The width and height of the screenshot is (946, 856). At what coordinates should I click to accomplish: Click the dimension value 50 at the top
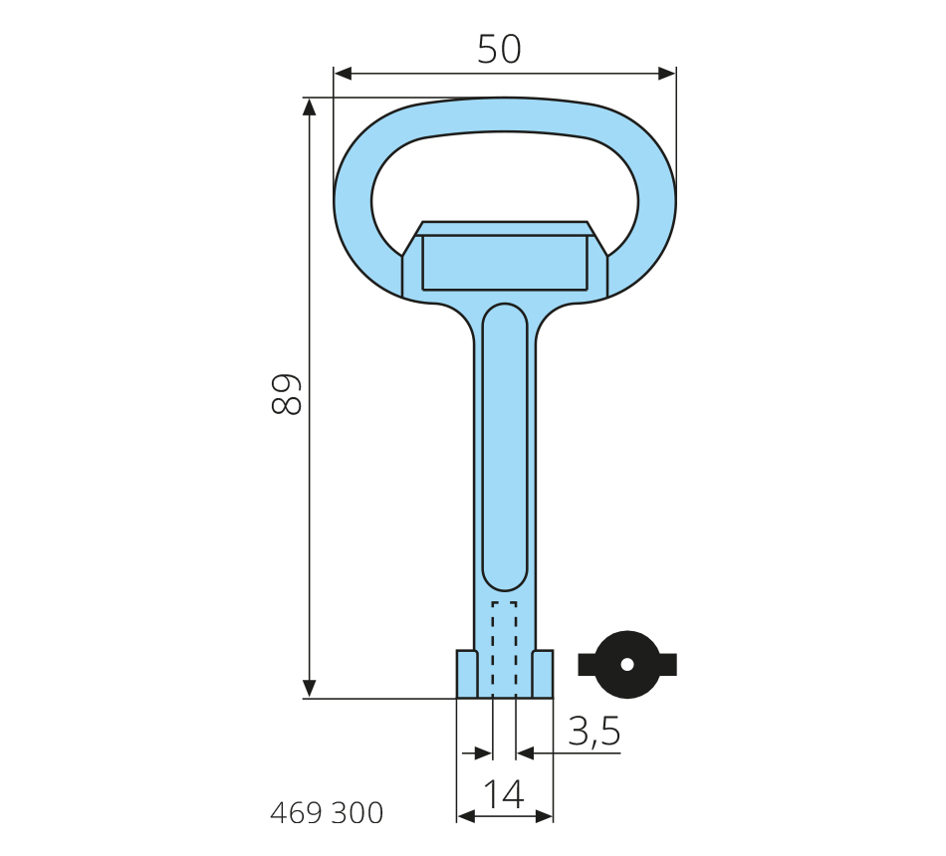[499, 49]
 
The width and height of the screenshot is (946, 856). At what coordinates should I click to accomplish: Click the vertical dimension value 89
[286, 394]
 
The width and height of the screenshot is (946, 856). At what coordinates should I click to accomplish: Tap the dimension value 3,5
[594, 732]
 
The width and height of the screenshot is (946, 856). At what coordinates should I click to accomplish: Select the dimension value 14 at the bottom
[505, 794]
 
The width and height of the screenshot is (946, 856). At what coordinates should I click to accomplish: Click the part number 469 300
[327, 813]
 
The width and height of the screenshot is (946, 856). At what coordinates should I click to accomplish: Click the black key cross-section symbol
[627, 665]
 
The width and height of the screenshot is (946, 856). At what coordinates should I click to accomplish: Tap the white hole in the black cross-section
[627, 664]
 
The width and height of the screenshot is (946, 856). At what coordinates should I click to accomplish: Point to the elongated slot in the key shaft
[505, 447]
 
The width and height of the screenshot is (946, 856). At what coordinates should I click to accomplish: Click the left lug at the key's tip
[467, 674]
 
